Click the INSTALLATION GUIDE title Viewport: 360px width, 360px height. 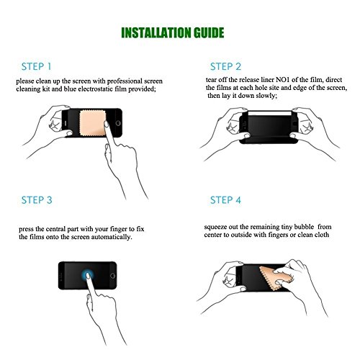tap(173, 33)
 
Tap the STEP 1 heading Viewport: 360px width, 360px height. tap(36, 66)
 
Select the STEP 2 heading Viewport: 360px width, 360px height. tap(225, 66)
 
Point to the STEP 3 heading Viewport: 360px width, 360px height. tap(37, 200)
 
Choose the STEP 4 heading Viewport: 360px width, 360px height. tap(225, 200)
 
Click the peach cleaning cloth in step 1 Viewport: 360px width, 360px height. tap(92, 123)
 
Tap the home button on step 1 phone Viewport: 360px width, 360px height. tap(118, 123)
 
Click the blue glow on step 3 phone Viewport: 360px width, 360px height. tap(87, 275)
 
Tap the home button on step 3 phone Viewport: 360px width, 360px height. tap(112, 276)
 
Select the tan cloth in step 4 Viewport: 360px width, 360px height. tap(276, 278)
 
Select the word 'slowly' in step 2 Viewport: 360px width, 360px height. tap(266, 96)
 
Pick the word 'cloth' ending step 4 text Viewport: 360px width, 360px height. tap(322, 235)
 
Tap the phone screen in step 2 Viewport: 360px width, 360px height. tap(269, 127)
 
